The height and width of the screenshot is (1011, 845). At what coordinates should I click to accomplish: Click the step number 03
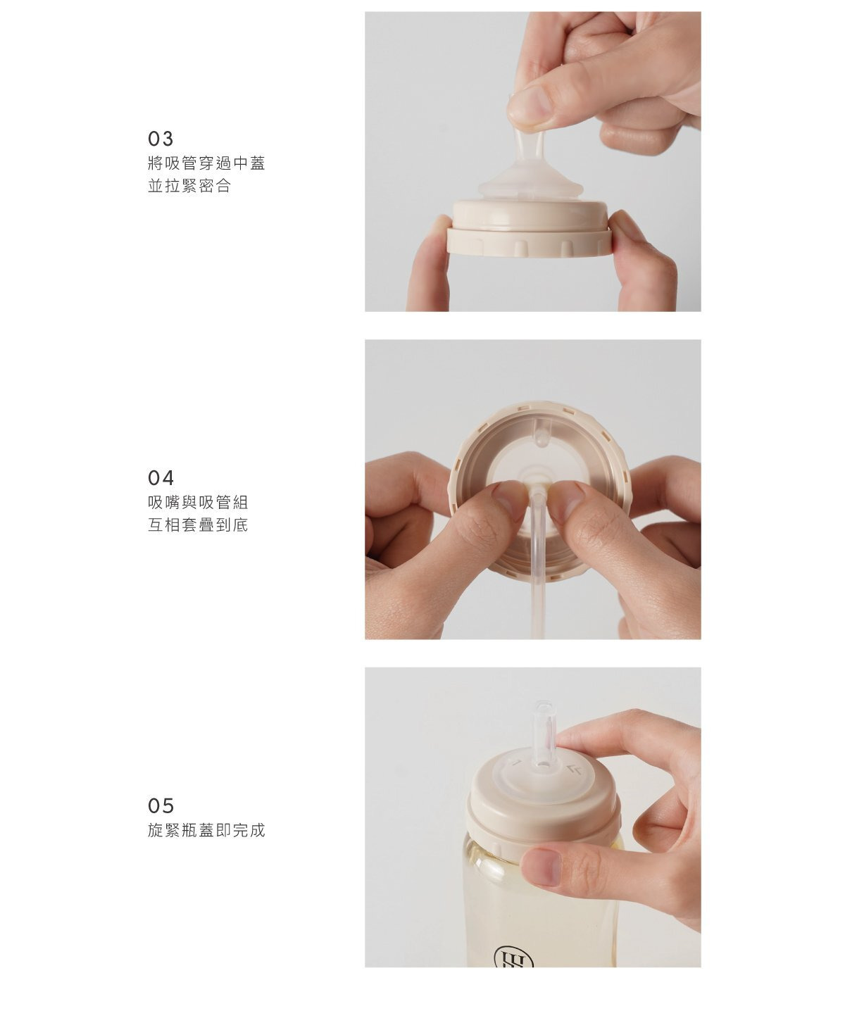pos(160,138)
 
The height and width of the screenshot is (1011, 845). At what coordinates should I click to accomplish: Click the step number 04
pos(160,478)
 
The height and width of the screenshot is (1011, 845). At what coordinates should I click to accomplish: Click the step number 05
pos(160,805)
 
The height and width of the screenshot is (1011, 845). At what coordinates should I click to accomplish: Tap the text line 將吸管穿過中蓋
pos(206,164)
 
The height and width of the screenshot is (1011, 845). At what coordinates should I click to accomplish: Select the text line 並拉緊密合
pos(189,187)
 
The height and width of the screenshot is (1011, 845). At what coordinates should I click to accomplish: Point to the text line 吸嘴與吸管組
pos(198,503)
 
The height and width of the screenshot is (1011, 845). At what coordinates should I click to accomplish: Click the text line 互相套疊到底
pos(198,525)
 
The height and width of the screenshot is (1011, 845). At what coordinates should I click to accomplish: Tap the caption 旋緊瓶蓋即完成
pos(206,831)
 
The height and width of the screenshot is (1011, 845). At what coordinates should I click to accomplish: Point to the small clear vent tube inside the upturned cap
pos(541,434)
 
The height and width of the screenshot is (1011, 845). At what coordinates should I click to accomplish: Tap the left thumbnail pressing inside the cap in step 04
pos(508,499)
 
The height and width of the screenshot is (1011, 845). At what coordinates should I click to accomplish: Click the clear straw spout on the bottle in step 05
pos(544,732)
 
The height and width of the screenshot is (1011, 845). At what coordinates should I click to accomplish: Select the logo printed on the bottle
pos(513,956)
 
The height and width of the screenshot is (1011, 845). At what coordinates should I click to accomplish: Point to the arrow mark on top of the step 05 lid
pos(574,770)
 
